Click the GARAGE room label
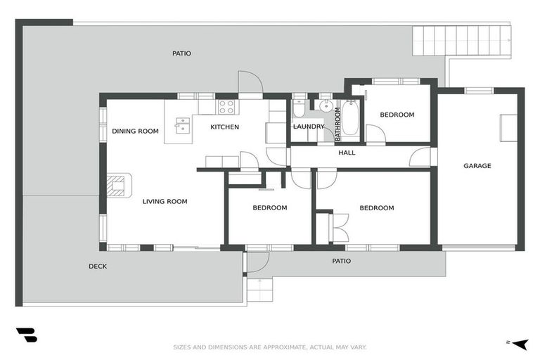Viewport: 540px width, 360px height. (477, 166)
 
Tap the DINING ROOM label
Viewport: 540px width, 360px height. (135, 131)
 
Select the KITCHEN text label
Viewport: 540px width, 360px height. (225, 127)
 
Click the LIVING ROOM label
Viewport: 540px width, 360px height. (165, 202)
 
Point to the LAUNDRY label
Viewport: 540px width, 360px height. (309, 127)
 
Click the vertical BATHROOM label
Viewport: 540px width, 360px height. (337, 122)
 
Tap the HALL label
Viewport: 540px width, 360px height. (347, 153)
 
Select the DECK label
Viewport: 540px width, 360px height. (98, 266)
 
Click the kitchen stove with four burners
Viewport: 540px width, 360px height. (226, 107)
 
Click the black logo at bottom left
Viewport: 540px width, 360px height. (26, 335)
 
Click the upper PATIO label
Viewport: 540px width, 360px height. (181, 53)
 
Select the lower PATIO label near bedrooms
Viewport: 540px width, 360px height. (341, 261)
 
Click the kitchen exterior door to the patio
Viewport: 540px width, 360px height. (250, 84)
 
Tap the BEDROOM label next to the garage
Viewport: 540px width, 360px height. (397, 115)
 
